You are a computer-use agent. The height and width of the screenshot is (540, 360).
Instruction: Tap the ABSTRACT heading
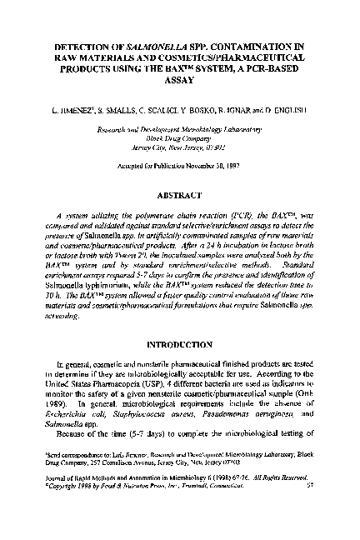pos(180,196)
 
